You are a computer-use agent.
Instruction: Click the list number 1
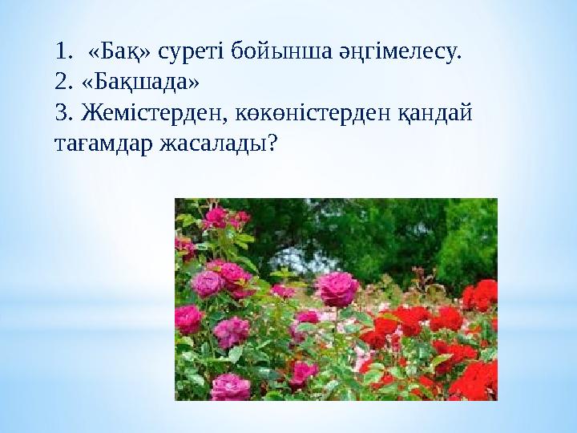[x=64, y=52]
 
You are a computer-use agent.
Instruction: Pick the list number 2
[x=64, y=83]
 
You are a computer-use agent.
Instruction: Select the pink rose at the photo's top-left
[x=215, y=216]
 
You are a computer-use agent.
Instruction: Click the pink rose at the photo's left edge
[x=188, y=319]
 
